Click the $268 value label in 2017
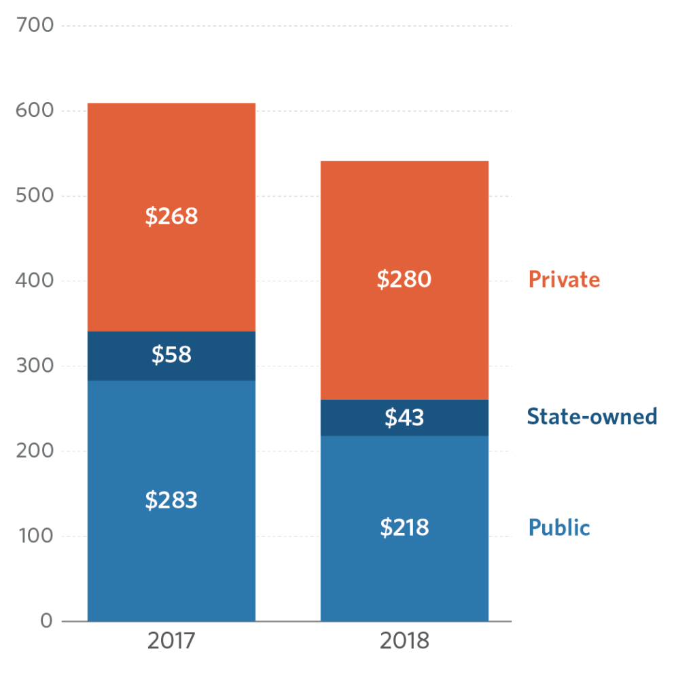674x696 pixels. (x=171, y=216)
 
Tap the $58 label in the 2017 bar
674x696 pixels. (x=171, y=355)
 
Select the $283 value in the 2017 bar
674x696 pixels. (x=171, y=500)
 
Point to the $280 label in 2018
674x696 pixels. (x=404, y=279)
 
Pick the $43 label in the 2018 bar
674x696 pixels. (x=404, y=417)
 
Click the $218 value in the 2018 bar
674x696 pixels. (x=404, y=527)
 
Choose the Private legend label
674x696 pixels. (x=564, y=279)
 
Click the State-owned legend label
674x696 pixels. (x=592, y=416)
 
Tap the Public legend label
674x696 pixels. (x=559, y=527)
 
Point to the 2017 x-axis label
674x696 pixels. (x=171, y=641)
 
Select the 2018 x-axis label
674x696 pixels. (x=404, y=641)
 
